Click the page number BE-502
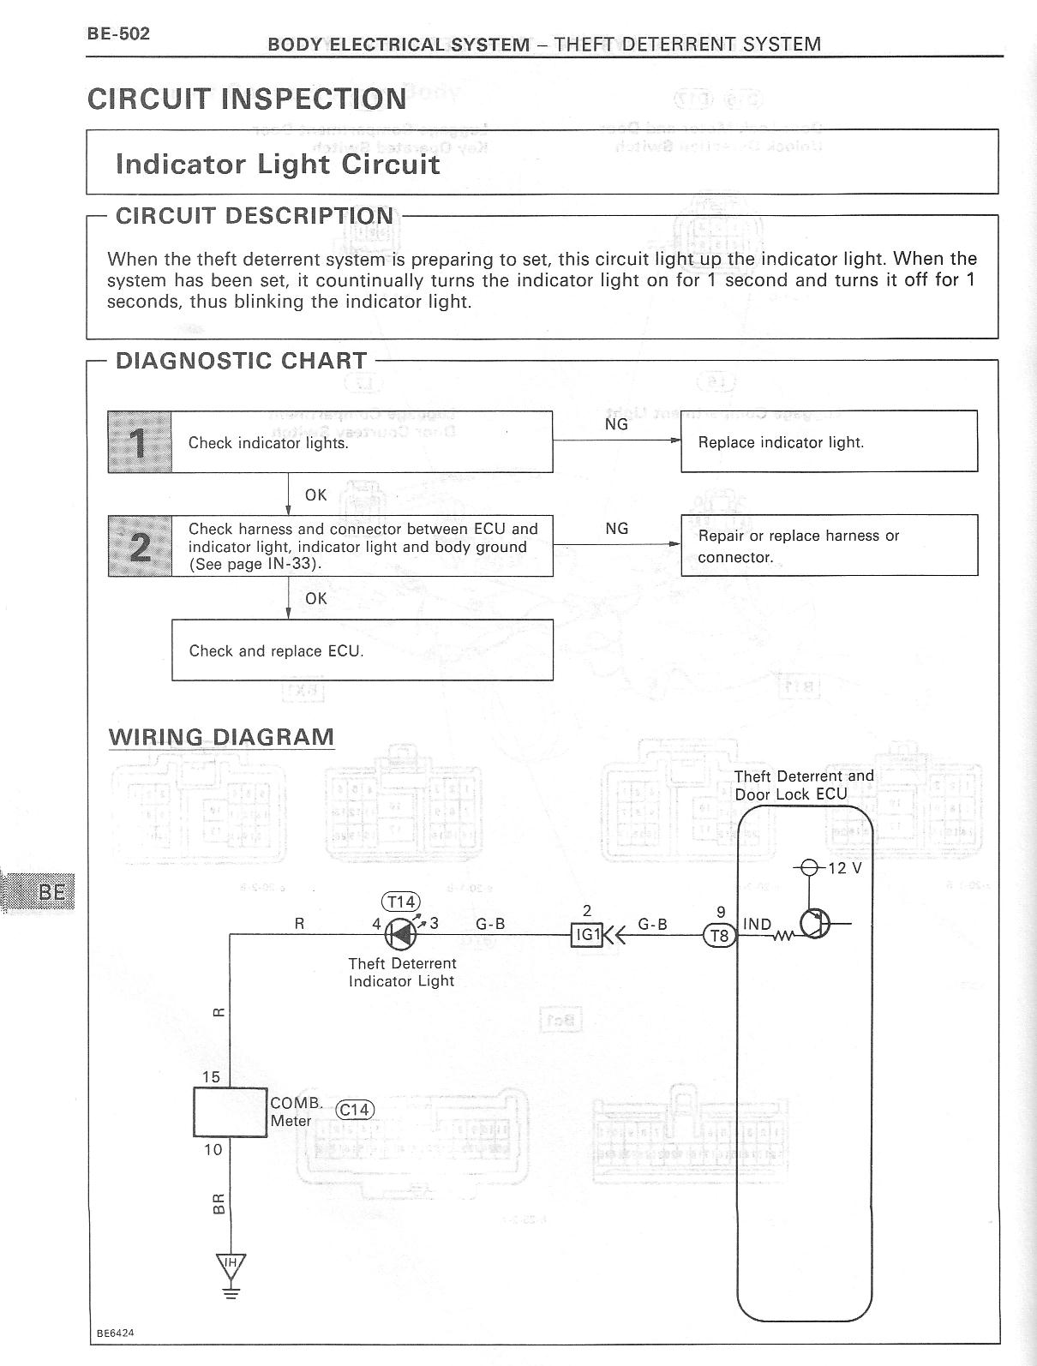tap(118, 33)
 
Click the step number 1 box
tap(140, 441)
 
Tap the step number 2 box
tap(140, 546)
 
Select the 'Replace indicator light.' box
tap(829, 441)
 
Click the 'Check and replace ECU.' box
tap(362, 650)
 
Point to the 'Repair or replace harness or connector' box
tap(829, 545)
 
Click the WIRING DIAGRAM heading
tap(221, 737)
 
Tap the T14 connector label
tap(401, 902)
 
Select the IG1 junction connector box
tap(587, 935)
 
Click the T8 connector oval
tap(720, 936)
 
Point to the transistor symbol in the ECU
tap(813, 924)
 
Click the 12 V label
tap(844, 868)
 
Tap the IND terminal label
tap(757, 924)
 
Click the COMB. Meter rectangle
tap(231, 1112)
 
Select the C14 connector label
tap(354, 1110)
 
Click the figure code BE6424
tap(115, 1333)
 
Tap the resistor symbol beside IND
tap(783, 935)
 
